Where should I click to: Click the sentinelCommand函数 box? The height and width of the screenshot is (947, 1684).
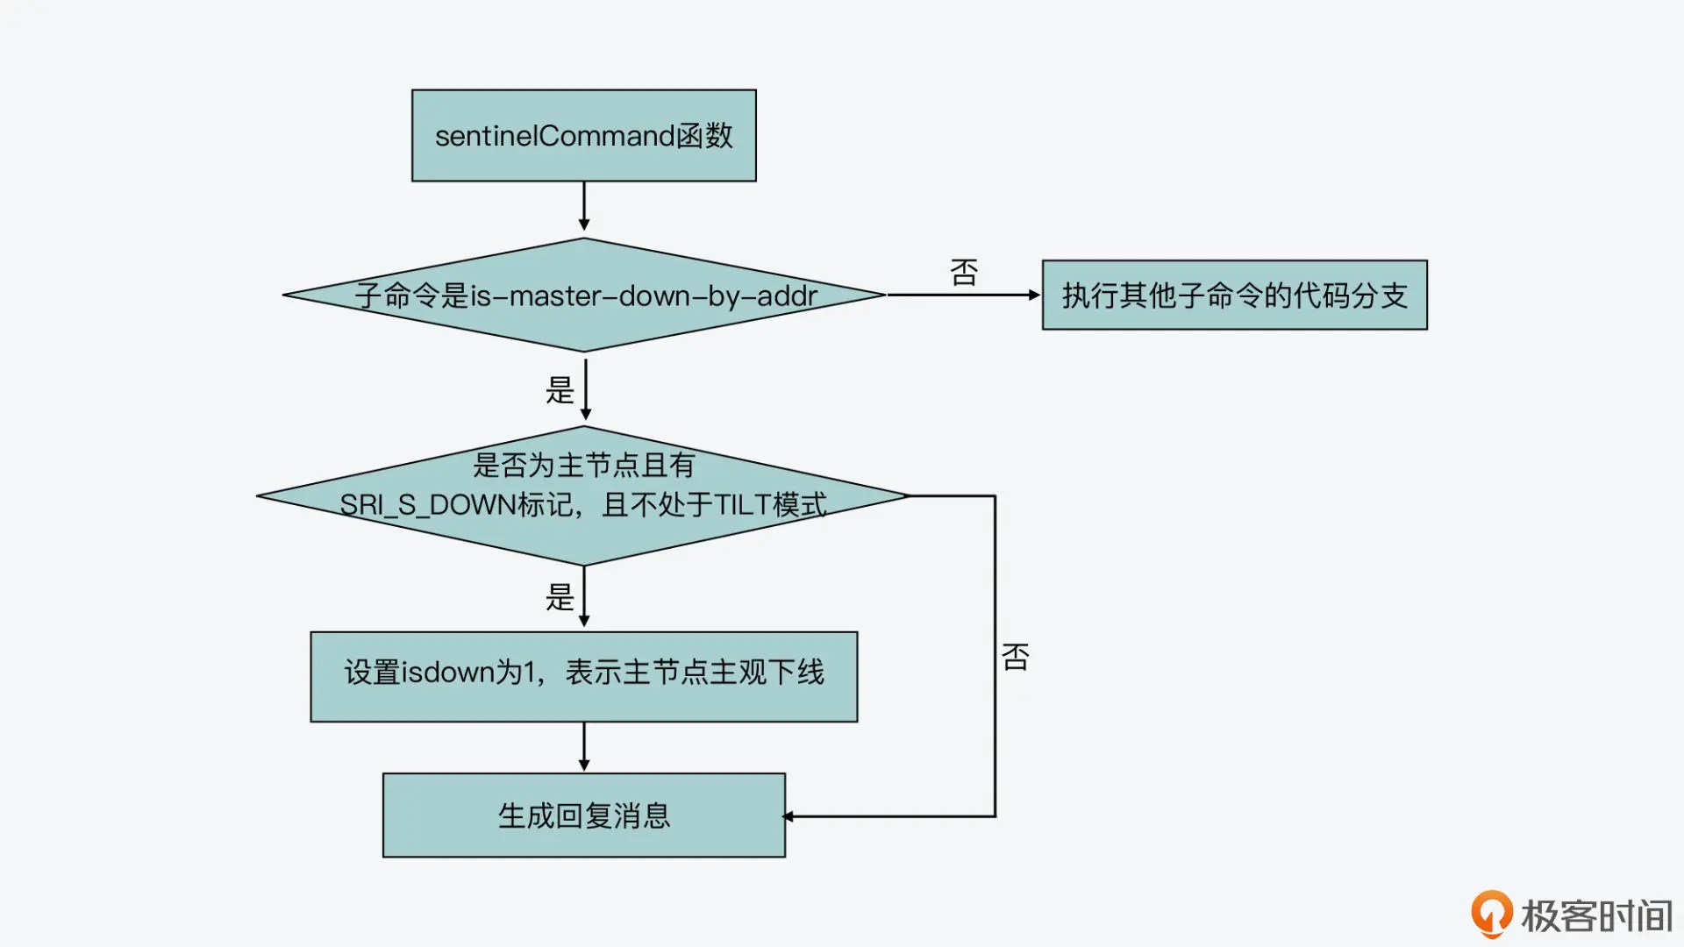click(583, 136)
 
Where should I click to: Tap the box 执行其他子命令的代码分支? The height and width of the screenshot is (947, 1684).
click(1234, 295)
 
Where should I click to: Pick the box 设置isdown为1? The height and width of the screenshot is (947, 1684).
click(583, 676)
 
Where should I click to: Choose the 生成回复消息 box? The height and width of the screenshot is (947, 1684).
click(583, 815)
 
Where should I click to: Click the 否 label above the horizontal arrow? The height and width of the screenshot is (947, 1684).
click(964, 273)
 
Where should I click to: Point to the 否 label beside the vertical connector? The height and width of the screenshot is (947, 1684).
click(1016, 657)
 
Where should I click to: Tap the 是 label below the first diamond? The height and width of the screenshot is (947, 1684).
click(560, 389)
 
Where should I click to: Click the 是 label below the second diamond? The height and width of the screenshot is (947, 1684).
click(560, 597)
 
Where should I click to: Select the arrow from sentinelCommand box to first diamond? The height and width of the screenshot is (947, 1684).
click(584, 207)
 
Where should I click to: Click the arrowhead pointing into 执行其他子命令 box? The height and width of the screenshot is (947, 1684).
click(1034, 295)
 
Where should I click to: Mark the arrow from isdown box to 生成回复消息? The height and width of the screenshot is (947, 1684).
click(584, 746)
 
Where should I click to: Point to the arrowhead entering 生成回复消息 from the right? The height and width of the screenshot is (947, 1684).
click(788, 816)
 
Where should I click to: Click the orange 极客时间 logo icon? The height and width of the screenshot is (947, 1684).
click(1491, 914)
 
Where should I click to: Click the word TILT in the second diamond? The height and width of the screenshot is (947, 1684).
click(742, 505)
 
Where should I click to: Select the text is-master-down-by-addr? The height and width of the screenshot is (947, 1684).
click(644, 296)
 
